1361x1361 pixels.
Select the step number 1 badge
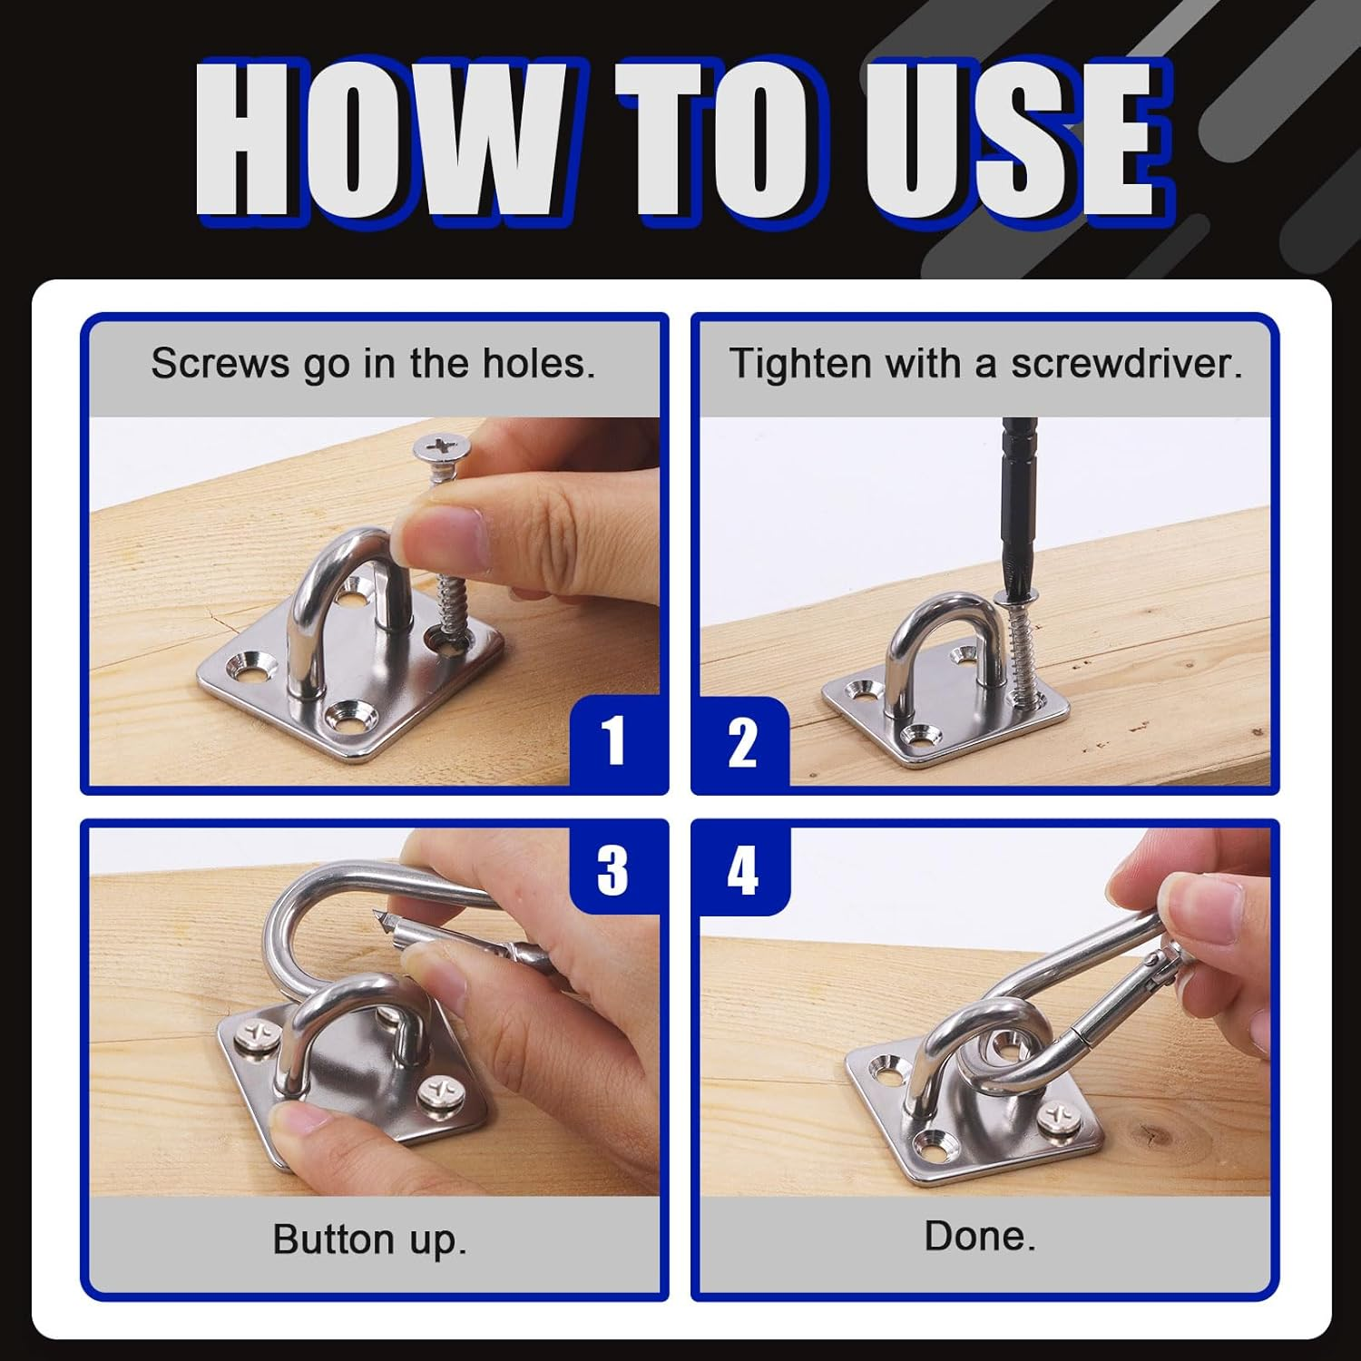pyautogui.click(x=614, y=740)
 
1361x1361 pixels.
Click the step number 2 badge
pyautogui.click(x=742, y=742)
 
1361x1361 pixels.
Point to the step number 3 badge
pyautogui.click(x=613, y=869)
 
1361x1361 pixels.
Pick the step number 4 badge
pyautogui.click(x=742, y=869)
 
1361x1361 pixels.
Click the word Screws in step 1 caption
pyautogui.click(x=217, y=364)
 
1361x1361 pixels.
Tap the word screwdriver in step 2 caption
pyautogui.click(x=1126, y=364)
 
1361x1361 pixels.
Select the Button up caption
pyautogui.click(x=369, y=1239)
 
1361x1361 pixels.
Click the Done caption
pyautogui.click(x=980, y=1236)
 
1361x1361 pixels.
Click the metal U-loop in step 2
pyautogui.click(x=944, y=635)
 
